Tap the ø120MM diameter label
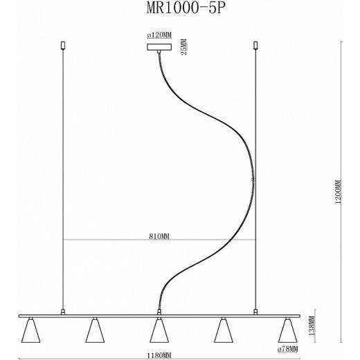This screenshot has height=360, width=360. (x=159, y=35)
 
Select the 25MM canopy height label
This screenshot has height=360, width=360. (x=183, y=47)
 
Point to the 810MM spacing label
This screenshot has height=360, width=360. (x=159, y=235)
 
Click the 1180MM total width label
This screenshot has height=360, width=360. (x=159, y=354)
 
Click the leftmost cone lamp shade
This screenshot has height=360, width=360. (x=30, y=331)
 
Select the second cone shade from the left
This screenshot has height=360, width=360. (x=94, y=331)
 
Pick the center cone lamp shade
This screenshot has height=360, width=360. (x=159, y=331)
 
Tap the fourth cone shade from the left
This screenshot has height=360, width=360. (x=222, y=331)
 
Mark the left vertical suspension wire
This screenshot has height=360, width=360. (x=63, y=173)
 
